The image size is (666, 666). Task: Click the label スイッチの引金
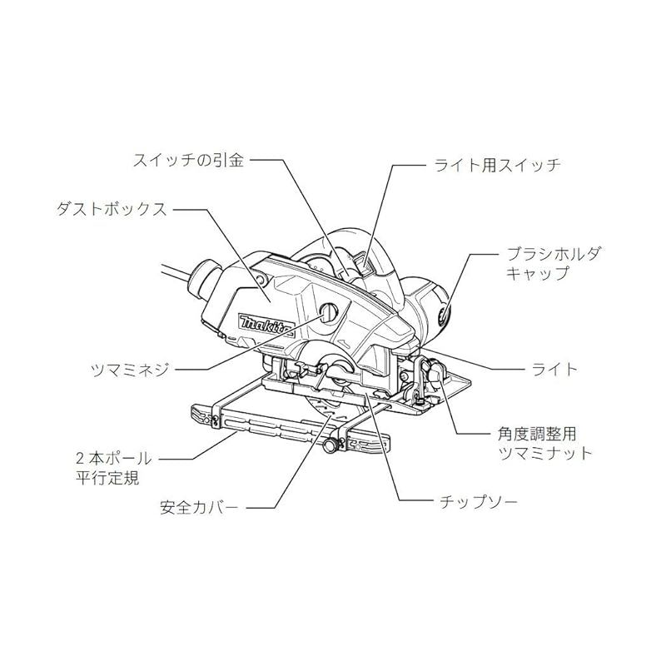[x=189, y=161]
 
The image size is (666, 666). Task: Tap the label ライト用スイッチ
[x=498, y=165]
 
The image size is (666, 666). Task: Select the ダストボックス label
[x=112, y=210]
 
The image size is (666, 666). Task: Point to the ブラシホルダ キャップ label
[x=554, y=263]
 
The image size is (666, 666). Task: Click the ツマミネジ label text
[x=130, y=370]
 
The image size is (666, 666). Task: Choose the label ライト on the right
[x=554, y=369]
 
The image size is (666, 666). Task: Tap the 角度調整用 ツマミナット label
[x=545, y=444]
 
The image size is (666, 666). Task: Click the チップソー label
[x=479, y=502]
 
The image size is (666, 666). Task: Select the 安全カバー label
[x=199, y=507]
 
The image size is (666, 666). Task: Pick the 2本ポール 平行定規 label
[x=113, y=468]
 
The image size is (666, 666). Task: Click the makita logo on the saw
[x=266, y=326]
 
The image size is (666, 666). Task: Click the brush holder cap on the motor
[x=444, y=315]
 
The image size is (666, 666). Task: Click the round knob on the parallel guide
[x=330, y=445]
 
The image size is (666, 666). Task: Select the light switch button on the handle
[x=364, y=265]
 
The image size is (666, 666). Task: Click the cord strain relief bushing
[x=203, y=279]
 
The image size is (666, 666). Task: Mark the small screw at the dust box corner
[x=259, y=279]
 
